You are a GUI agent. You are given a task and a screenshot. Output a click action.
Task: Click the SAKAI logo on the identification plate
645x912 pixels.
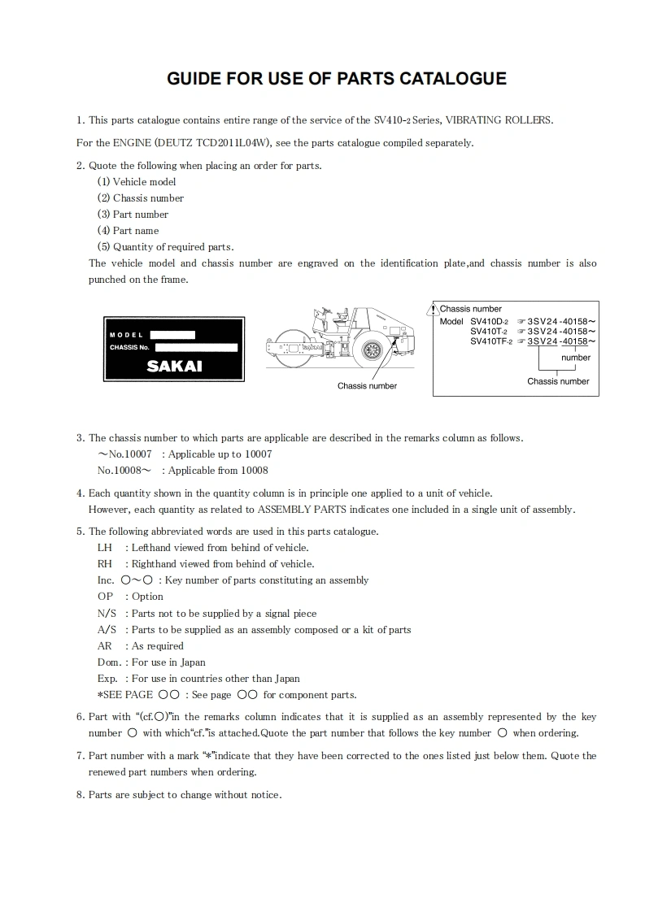click(174, 366)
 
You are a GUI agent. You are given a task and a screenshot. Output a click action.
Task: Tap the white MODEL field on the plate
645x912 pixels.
click(172, 334)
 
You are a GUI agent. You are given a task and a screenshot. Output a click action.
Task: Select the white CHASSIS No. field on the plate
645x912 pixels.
click(195, 348)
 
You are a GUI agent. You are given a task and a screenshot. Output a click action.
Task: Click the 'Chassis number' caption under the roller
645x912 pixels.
click(367, 386)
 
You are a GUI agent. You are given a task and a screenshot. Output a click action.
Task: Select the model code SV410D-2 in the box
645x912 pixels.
click(489, 322)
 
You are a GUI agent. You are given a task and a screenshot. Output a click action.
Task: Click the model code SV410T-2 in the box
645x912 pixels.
click(489, 332)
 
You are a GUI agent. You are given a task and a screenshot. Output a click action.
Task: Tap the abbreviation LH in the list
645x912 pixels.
click(104, 548)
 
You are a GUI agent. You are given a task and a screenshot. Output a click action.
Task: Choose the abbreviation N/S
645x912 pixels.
click(107, 614)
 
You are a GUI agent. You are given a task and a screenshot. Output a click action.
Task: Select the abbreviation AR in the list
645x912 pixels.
click(104, 646)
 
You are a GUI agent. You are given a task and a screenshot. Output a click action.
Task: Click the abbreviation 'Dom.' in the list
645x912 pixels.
click(107, 662)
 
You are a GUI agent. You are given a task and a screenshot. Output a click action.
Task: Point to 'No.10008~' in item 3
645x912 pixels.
click(124, 471)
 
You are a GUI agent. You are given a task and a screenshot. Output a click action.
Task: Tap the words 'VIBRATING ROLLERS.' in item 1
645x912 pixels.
click(508, 120)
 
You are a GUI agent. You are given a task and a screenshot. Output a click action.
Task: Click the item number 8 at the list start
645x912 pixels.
click(81, 795)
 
